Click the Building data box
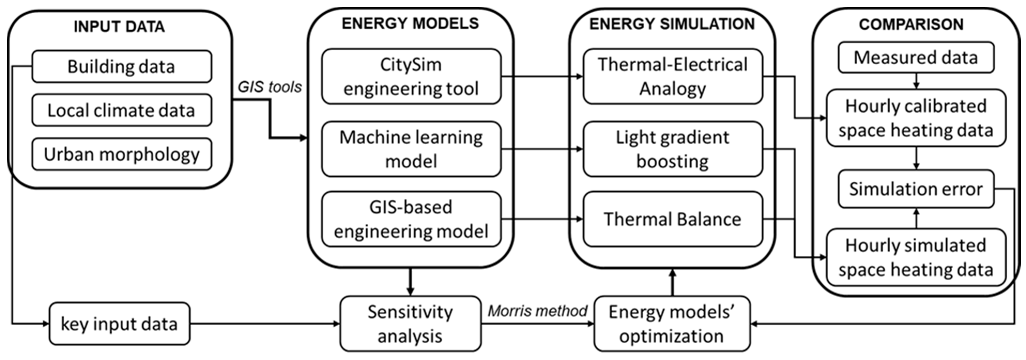pyautogui.click(x=121, y=67)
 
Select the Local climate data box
pyautogui.click(x=121, y=110)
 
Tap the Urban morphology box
pyautogui.click(x=121, y=154)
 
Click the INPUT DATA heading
pyautogui.click(x=119, y=27)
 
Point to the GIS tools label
pyautogui.click(x=270, y=87)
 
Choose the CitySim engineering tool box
pyautogui.click(x=411, y=76)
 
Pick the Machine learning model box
pyautogui.click(x=411, y=149)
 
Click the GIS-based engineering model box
pyautogui.click(x=411, y=219)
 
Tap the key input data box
pyautogui.click(x=119, y=324)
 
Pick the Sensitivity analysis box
pyautogui.click(x=410, y=324)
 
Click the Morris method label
pyautogui.click(x=537, y=311)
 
